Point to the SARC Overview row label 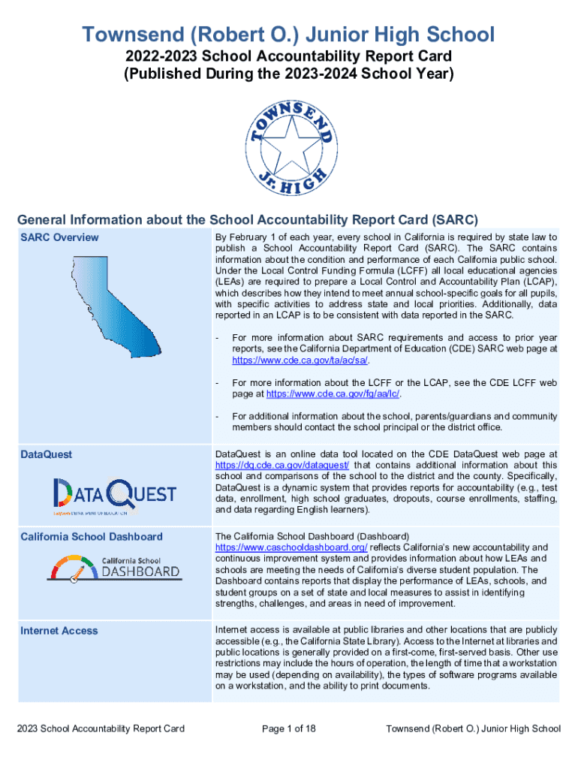pos(59,237)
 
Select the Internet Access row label pos(59,631)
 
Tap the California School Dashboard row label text pos(92,537)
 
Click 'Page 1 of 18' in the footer pos(289,728)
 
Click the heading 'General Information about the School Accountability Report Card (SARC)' pos(247,220)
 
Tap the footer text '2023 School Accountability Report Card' pos(101,728)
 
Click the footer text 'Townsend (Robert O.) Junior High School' pos(472,728)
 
